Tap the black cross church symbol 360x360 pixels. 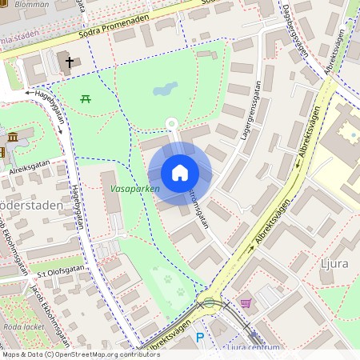tap(69, 62)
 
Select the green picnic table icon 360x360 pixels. tap(85, 98)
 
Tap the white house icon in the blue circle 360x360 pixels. tap(180, 173)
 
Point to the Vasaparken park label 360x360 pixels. tap(135, 189)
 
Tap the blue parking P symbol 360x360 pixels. tap(200, 339)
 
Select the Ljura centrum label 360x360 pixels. tap(254, 347)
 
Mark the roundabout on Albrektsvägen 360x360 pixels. tap(210, 302)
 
